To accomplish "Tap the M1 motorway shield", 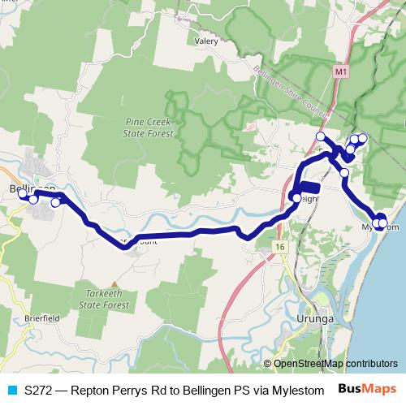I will [341, 73].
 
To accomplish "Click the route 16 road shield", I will [279, 246].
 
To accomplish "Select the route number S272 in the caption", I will [39, 390].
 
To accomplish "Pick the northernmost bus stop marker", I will [321, 136].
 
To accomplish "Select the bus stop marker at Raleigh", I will [295, 197].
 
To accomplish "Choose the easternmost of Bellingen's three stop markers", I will [55, 202].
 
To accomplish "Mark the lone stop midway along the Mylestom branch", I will [344, 173].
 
